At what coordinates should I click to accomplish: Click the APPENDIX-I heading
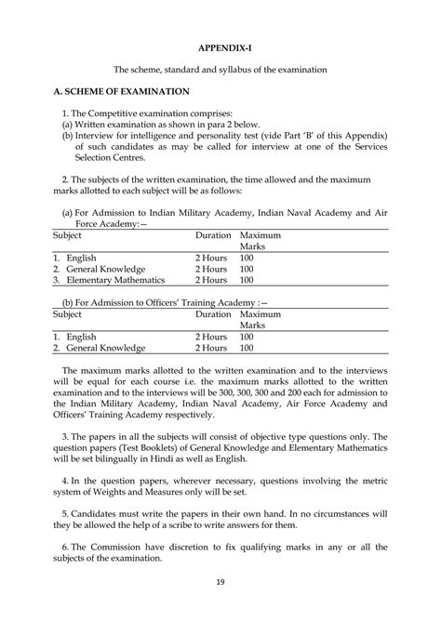[x=220, y=46]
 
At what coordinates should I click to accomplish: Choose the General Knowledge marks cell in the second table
[x=247, y=348]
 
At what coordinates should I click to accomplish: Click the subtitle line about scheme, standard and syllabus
[x=220, y=69]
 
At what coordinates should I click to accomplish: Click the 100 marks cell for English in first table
[x=247, y=257]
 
